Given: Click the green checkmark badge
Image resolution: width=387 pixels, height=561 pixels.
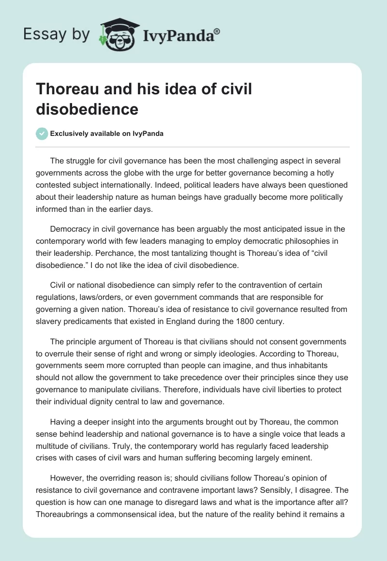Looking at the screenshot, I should point(42,133).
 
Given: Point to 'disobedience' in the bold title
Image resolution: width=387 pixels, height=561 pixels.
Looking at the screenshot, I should point(87,109).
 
